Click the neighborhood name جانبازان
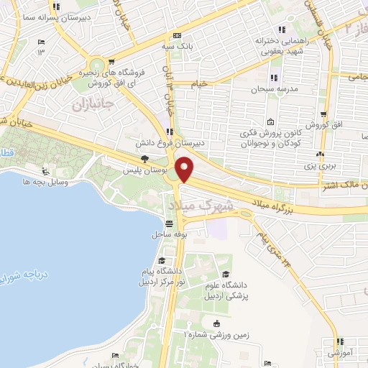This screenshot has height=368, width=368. (93, 105)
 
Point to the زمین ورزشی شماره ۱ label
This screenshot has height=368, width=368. (216, 334)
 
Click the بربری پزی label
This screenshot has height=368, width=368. (321, 165)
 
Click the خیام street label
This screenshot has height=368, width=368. (199, 83)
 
